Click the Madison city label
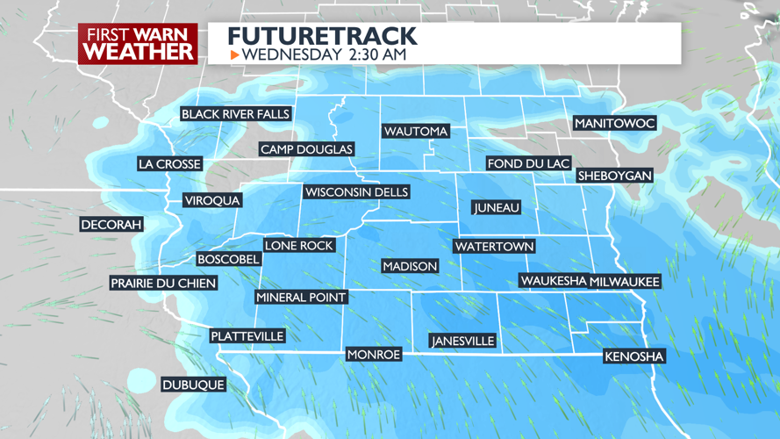(410, 266)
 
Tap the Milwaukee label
(624, 281)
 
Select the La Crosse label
(170, 164)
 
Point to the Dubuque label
(193, 385)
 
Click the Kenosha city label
(634, 356)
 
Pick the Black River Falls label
(235, 114)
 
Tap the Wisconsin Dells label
(356, 192)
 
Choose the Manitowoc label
(615, 124)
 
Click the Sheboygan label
(614, 176)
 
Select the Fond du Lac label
(528, 163)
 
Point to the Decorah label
(111, 225)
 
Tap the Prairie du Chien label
(162, 283)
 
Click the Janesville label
(462, 341)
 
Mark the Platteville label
(247, 336)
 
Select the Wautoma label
(416, 132)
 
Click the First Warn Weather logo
(138, 44)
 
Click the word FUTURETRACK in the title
(322, 36)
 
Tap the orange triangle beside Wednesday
(235, 55)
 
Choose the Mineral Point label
(301, 298)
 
